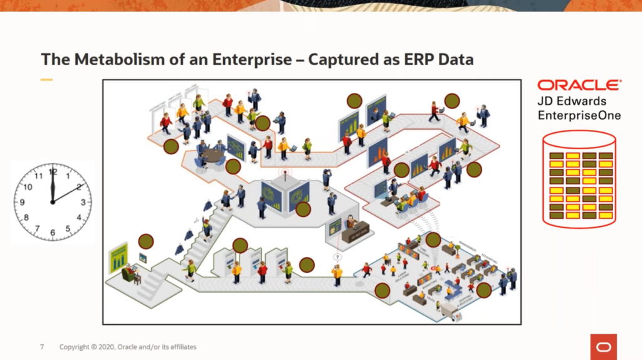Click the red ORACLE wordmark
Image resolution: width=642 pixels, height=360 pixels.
coord(579,85)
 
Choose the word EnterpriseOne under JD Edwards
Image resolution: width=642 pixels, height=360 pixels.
coord(579,115)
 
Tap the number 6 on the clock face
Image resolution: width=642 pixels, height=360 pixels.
coord(52,233)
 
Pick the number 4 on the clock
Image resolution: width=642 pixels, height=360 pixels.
coord(79,218)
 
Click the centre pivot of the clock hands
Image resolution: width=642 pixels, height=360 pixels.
coord(53,202)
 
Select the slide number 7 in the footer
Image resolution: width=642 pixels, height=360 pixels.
coord(42,347)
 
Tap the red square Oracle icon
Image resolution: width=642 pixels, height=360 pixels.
coord(603,347)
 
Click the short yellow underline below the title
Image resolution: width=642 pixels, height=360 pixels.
coord(46,80)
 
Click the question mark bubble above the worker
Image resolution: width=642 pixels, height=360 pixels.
coord(337,257)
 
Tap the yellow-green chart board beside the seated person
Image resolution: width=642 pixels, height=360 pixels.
coord(118,257)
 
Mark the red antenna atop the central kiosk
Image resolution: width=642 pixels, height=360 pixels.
coord(282,171)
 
